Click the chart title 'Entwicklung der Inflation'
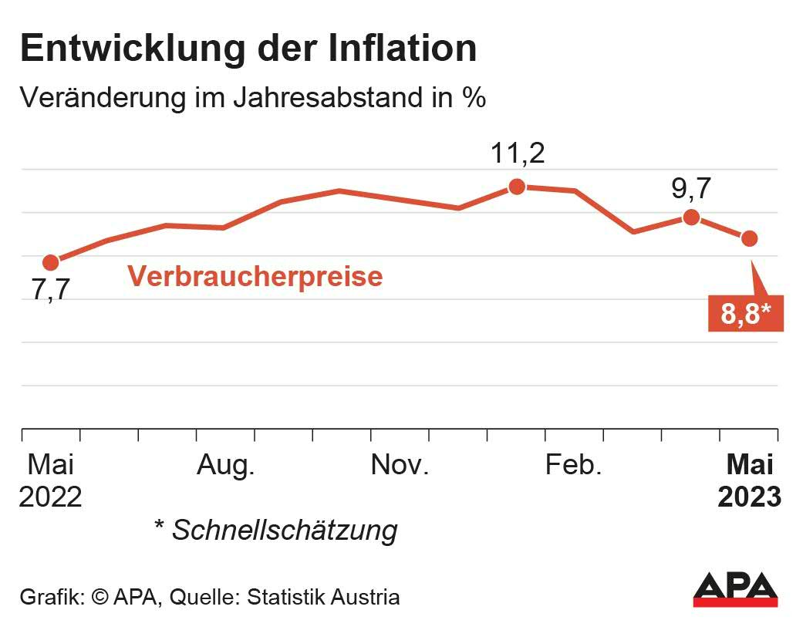[248, 48]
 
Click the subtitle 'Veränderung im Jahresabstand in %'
[252, 98]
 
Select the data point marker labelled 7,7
[51, 263]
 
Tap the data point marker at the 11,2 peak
[517, 186]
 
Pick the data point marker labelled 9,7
[691, 217]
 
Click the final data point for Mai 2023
[749, 238]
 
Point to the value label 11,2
[518, 153]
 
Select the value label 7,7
[51, 291]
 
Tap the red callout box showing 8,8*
[745, 313]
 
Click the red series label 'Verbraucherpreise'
[255, 276]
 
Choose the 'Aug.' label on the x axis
[225, 466]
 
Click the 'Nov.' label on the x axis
[400, 466]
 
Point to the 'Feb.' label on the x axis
[573, 466]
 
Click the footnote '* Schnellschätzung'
[276, 530]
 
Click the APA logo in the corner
[734, 590]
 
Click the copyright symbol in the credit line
[100, 597]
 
